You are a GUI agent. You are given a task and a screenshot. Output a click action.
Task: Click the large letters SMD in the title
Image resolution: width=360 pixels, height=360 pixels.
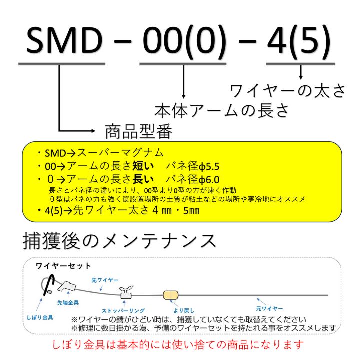tap(64, 40)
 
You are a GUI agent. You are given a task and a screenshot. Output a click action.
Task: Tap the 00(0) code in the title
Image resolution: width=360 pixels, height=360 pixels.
tap(184, 41)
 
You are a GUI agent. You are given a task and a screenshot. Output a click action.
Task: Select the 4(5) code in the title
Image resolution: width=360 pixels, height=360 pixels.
tap(299, 41)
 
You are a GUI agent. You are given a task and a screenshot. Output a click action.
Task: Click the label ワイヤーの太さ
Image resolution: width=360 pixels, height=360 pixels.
tap(287, 91)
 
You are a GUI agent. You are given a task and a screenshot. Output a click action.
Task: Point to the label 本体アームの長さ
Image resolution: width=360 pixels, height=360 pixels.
tap(222, 111)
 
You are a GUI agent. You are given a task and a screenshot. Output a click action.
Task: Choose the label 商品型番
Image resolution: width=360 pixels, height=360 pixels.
tap(138, 132)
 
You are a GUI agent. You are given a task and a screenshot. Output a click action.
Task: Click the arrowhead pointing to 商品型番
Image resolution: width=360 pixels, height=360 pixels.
tap(93, 131)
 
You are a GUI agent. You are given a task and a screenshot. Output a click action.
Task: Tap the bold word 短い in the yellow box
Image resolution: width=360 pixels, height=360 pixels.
tap(143, 166)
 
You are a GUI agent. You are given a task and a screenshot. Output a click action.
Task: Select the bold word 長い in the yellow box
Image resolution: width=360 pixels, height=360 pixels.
tap(143, 179)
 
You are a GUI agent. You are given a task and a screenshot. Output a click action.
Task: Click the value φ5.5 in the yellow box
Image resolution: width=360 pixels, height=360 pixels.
tap(209, 167)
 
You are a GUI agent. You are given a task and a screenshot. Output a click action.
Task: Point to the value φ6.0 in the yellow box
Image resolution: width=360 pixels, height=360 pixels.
tap(209, 180)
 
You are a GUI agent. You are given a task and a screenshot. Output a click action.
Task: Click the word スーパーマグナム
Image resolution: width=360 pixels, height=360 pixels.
tap(120, 153)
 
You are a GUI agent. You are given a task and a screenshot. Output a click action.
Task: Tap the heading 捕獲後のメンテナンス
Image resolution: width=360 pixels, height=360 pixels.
tap(119, 241)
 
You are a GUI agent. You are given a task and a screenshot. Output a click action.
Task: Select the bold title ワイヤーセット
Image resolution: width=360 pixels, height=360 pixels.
tap(63, 266)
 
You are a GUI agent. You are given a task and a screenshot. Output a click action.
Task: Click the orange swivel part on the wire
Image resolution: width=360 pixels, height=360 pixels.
tap(171, 295)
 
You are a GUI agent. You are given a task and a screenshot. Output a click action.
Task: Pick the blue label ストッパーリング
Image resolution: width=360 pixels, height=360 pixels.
tap(123, 311)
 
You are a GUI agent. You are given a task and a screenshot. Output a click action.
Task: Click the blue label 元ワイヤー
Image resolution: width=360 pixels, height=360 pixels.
tap(269, 309)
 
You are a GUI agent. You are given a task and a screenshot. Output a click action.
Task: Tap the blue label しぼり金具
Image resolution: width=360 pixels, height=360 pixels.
tap(40, 318)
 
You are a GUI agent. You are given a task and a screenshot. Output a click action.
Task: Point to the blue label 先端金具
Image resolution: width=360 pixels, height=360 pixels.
tap(68, 303)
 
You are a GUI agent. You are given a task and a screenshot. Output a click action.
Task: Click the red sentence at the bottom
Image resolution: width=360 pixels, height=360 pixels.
tap(178, 345)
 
